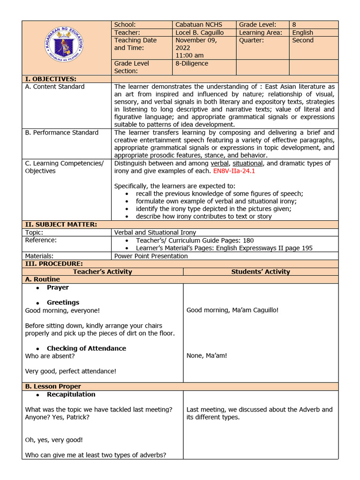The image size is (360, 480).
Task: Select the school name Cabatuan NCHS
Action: (x=199, y=25)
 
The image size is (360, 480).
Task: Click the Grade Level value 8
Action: (x=294, y=25)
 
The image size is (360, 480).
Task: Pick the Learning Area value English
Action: (x=302, y=33)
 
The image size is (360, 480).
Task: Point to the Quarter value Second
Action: (x=302, y=40)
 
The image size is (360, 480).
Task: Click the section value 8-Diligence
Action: (x=192, y=63)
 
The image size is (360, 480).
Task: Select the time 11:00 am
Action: (x=189, y=55)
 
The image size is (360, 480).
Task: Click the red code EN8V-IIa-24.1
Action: (x=234, y=171)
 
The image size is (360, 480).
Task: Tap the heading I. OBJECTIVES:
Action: (x=51, y=79)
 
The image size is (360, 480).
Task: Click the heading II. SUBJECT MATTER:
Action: (x=61, y=225)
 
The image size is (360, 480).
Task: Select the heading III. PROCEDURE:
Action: (x=53, y=264)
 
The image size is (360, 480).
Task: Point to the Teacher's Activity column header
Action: (x=102, y=272)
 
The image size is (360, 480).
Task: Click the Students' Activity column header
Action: (x=260, y=272)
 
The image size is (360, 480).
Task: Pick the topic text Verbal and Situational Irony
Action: (x=155, y=232)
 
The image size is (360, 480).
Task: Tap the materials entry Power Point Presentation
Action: (x=151, y=256)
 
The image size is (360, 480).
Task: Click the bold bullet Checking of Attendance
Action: (x=86, y=348)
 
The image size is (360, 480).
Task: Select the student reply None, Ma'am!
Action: (x=207, y=356)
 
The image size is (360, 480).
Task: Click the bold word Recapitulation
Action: (x=71, y=394)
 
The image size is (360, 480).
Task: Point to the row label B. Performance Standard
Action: (x=62, y=133)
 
